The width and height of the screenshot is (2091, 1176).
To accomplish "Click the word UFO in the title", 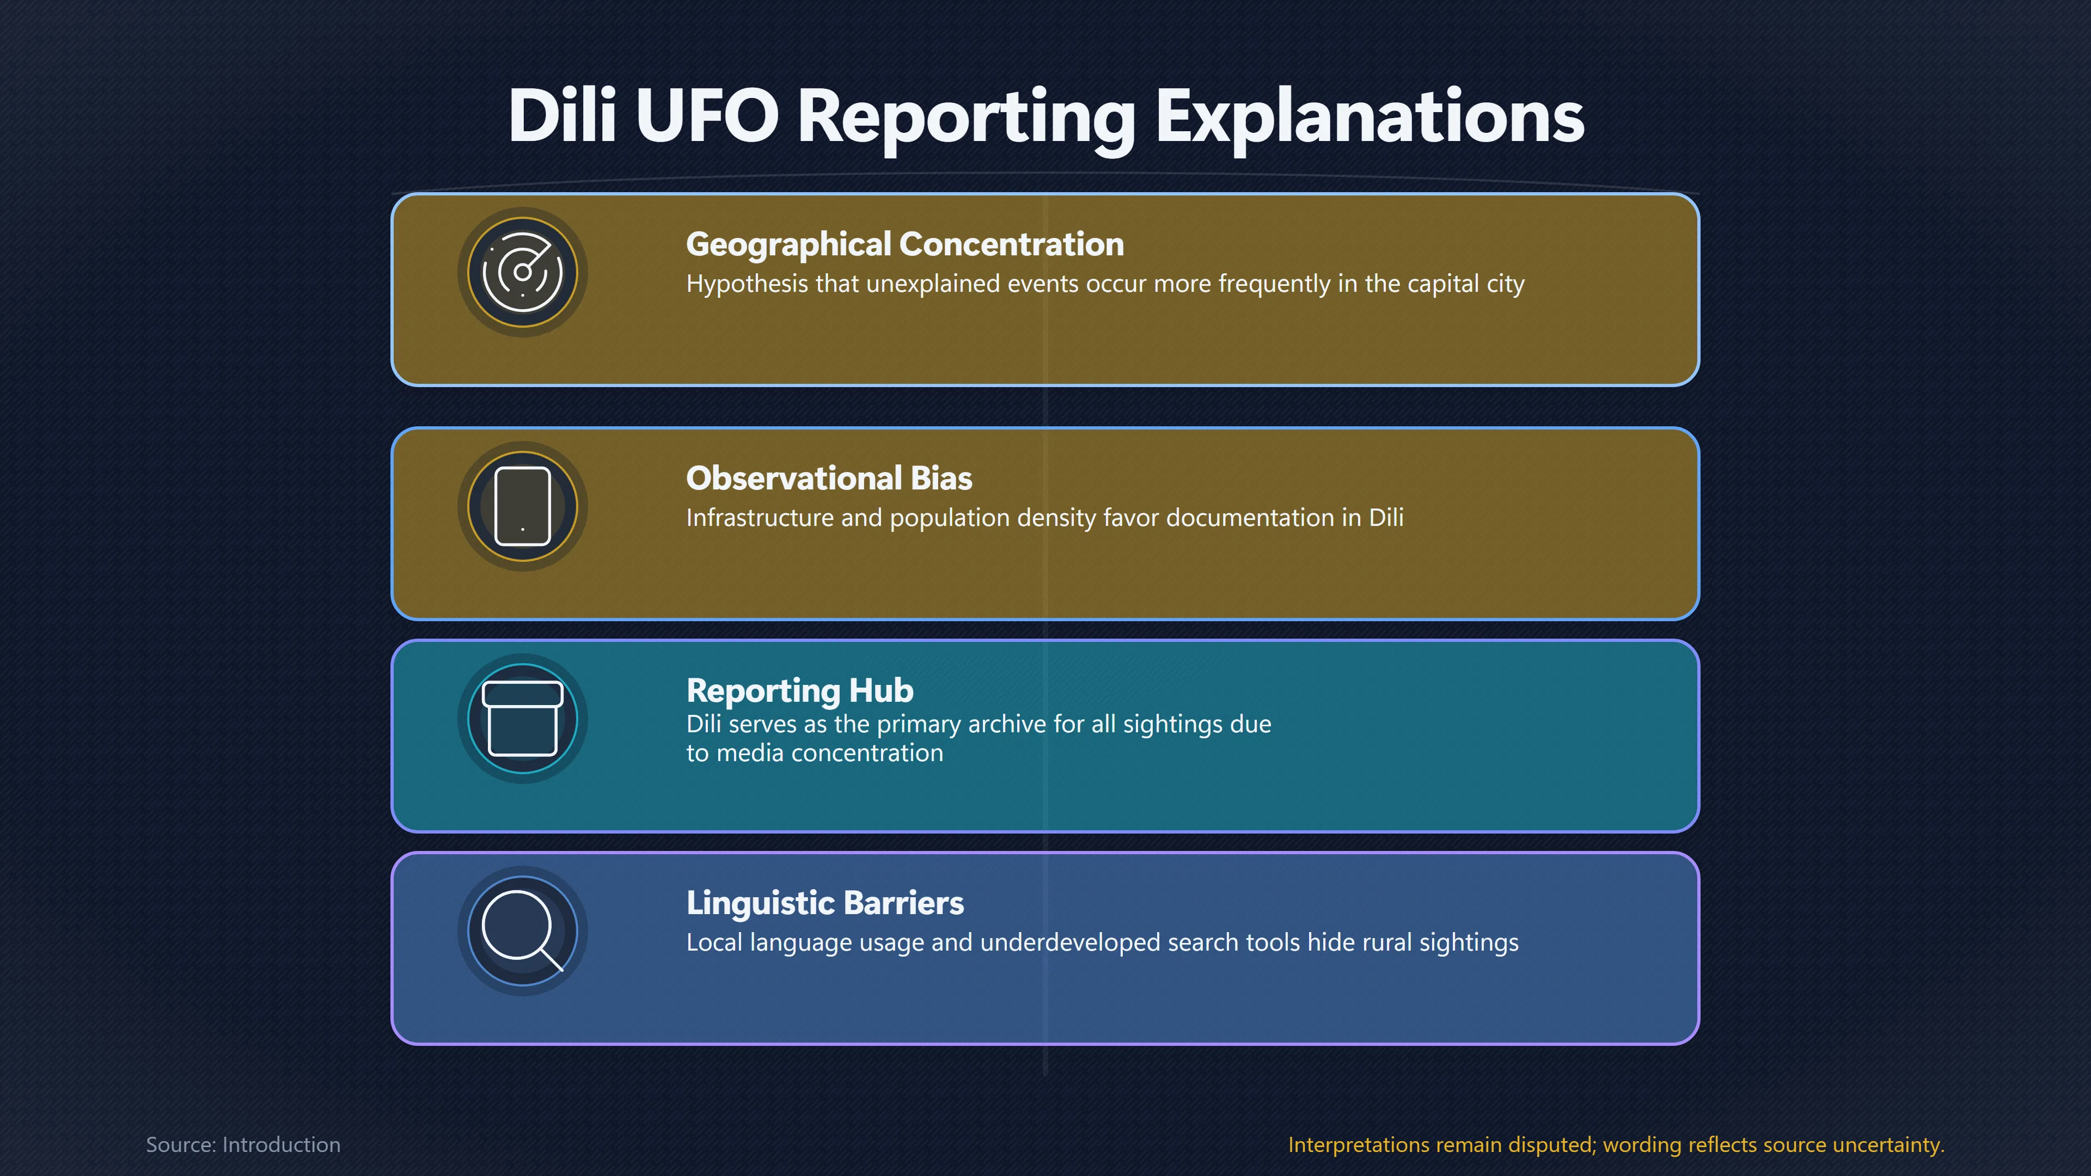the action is (x=707, y=115).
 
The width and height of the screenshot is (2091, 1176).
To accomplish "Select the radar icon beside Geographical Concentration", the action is (x=523, y=272).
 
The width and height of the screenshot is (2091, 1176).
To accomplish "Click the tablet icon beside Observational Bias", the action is (x=523, y=506).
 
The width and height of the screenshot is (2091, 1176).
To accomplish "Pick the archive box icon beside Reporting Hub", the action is (x=523, y=718).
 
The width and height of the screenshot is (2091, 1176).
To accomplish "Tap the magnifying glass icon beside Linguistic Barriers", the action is (x=523, y=931).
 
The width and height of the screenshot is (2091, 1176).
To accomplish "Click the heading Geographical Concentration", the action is (x=905, y=244).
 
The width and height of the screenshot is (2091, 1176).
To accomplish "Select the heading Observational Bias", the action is (x=829, y=478).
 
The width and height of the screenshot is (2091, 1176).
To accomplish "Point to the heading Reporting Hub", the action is (x=799, y=691).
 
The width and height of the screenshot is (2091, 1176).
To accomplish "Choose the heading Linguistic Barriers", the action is (x=825, y=903).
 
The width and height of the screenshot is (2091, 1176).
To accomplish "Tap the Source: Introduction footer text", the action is (x=243, y=1144).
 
